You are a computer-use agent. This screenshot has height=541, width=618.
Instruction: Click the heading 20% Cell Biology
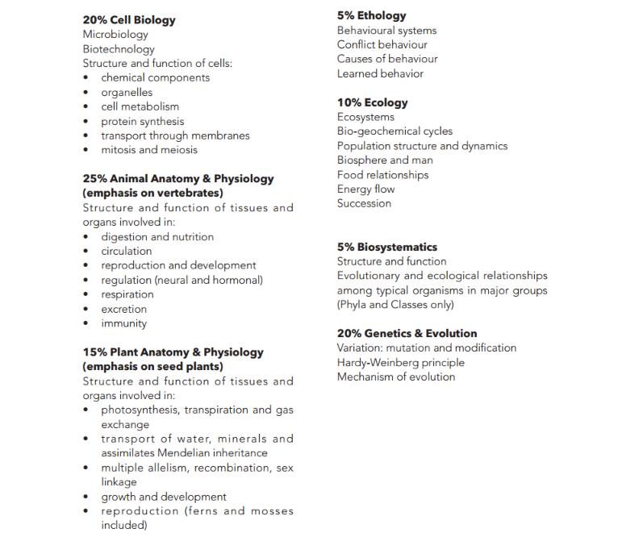pos(128,20)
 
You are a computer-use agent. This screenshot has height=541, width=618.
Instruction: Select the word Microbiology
pos(115,35)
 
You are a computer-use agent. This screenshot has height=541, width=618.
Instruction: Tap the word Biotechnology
pos(119,49)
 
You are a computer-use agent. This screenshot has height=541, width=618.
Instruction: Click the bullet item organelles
pos(127,92)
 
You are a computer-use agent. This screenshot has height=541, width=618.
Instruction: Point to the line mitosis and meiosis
pos(148,150)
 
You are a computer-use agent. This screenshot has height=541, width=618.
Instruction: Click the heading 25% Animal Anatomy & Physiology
pos(177,179)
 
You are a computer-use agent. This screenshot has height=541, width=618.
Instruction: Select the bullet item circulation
pos(126,251)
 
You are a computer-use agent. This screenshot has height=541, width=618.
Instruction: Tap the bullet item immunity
pos(123,323)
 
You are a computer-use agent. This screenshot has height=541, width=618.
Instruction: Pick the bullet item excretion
pos(123,309)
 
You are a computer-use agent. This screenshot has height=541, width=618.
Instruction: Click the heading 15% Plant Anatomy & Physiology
pos(173,352)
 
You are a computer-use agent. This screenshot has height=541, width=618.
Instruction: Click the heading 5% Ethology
pos(371,15)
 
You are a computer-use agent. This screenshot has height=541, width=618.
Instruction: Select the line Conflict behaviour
pos(382,44)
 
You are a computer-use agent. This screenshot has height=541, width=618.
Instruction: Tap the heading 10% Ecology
pos(372,102)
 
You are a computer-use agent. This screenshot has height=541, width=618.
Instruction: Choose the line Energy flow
pos(365,189)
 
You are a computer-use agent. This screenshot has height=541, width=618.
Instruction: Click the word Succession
pos(364,204)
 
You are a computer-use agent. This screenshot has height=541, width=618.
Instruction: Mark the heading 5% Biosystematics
pos(386,247)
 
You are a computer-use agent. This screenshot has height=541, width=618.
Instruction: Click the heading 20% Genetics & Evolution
pos(407,333)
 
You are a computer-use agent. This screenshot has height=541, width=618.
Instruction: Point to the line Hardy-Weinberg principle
pos(400,363)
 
